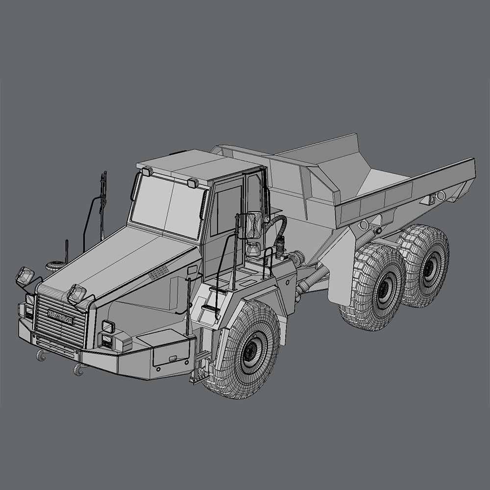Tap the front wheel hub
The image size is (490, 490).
point(252,349)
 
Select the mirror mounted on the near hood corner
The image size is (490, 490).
point(76,294)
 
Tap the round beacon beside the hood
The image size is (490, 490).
point(53,266)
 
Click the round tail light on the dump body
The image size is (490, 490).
point(441,196)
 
